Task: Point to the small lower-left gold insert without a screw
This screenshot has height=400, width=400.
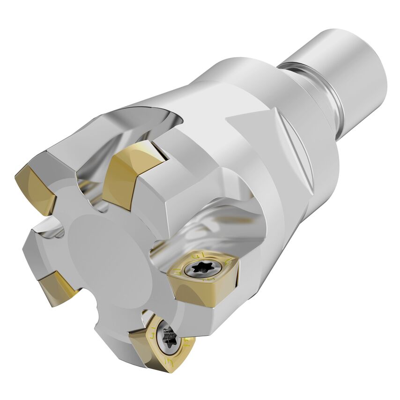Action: [57, 289]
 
